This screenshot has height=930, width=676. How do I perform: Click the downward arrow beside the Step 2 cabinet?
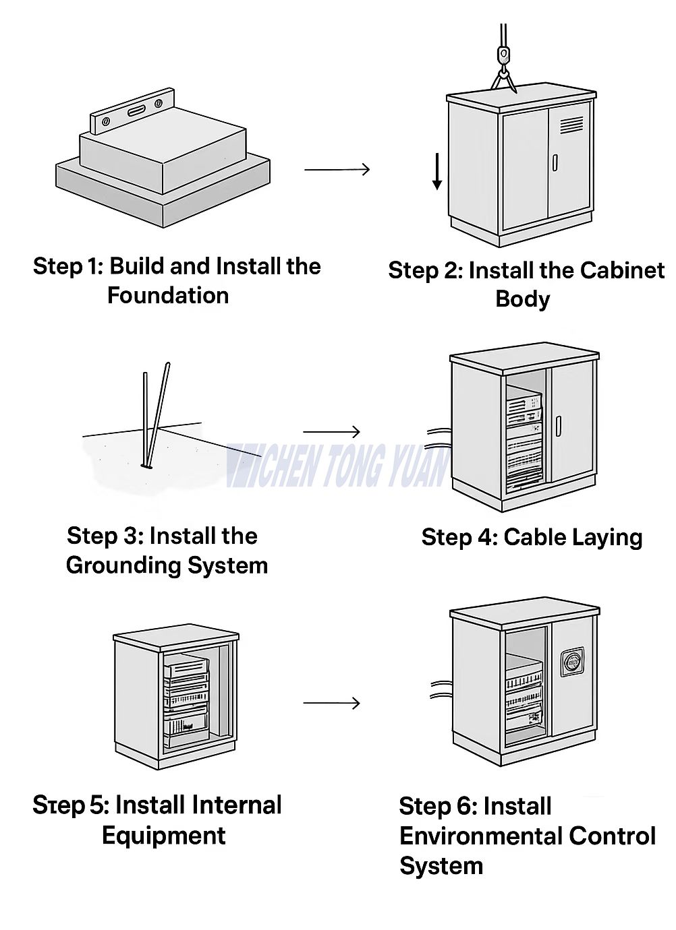(437, 171)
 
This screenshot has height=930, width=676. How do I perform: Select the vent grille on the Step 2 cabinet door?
(571, 124)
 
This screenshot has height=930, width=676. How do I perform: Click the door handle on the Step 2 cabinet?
(555, 162)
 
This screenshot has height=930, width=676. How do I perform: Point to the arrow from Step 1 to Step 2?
(337, 169)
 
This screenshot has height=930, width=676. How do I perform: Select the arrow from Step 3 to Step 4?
(331, 431)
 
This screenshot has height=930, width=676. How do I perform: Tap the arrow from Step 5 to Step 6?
(331, 704)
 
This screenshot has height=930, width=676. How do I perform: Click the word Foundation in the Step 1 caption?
(168, 295)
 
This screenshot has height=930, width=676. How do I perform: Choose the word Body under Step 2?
(522, 299)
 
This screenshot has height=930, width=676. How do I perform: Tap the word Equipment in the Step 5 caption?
(163, 836)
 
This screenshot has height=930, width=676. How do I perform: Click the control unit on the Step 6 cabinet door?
(572, 662)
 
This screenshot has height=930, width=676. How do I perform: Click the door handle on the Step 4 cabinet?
(559, 427)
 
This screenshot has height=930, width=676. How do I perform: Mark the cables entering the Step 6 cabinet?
(440, 689)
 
